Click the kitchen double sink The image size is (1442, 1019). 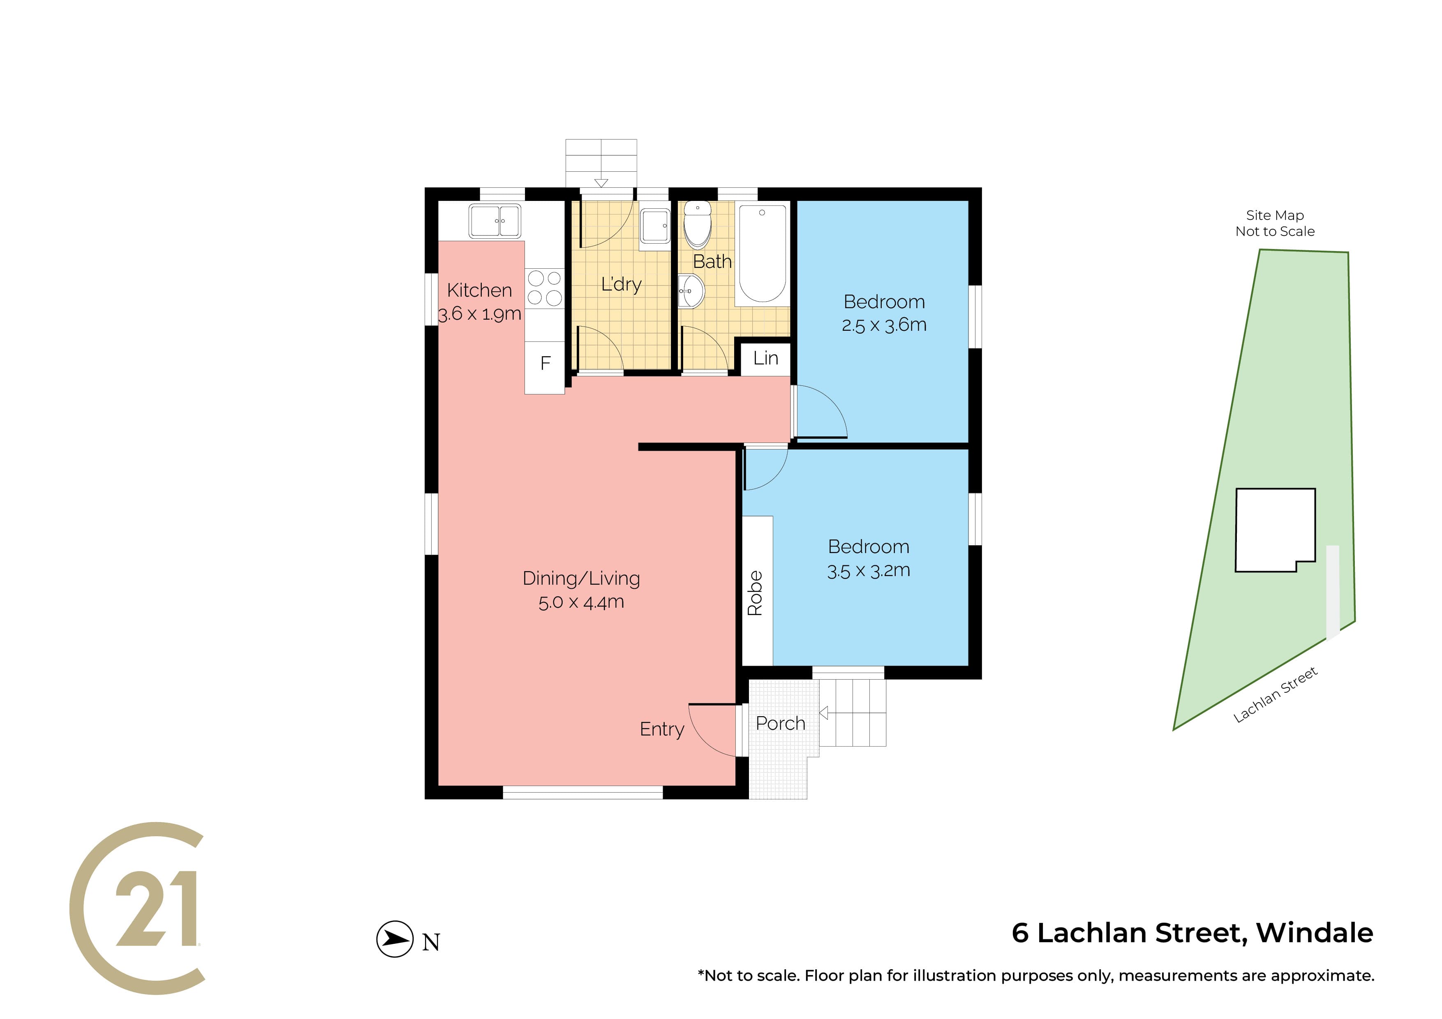click(x=495, y=221)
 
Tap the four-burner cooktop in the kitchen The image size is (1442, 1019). click(x=545, y=288)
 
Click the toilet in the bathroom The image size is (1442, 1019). click(x=697, y=224)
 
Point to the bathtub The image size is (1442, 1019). click(x=762, y=254)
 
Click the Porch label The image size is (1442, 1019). click(x=780, y=723)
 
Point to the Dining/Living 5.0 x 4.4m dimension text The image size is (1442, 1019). click(x=581, y=602)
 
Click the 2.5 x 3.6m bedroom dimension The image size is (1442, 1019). click(x=884, y=325)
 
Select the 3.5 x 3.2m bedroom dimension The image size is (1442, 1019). click(x=869, y=570)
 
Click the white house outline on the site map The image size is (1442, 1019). click(x=1275, y=530)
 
